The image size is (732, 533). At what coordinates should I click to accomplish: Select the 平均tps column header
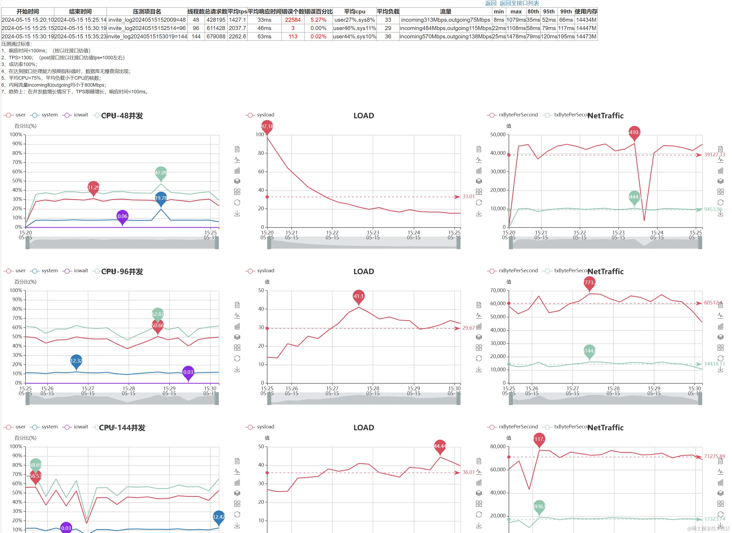pyautogui.click(x=237, y=12)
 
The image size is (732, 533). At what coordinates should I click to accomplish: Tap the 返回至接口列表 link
pyautogui.click(x=519, y=3)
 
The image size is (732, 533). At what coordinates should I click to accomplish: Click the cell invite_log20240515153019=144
pyautogui.click(x=147, y=36)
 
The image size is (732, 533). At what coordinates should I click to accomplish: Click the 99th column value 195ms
pyautogui.click(x=566, y=36)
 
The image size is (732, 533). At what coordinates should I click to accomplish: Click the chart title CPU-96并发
pyautogui.click(x=122, y=272)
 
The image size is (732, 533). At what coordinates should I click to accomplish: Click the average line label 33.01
pyautogui.click(x=469, y=196)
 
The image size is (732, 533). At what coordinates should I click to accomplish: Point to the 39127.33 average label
pyautogui.click(x=714, y=155)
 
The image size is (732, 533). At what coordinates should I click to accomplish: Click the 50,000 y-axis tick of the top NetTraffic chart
pyautogui.click(x=498, y=135)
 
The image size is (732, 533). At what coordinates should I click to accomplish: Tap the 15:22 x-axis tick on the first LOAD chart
pyautogui.click(x=332, y=233)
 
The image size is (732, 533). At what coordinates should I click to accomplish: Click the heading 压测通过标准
pyautogui.click(x=16, y=44)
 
